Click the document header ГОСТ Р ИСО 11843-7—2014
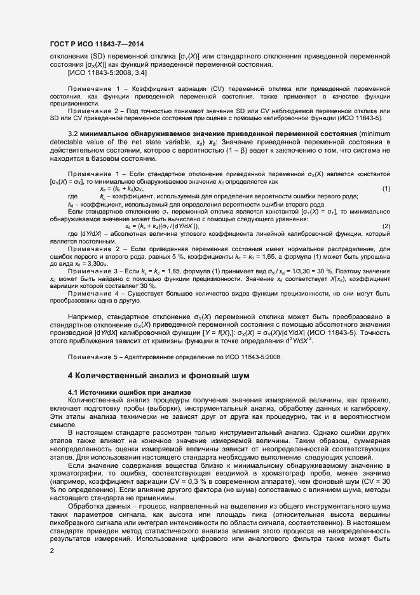point(95,43)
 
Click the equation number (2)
point(386,226)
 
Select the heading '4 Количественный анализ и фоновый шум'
point(158,376)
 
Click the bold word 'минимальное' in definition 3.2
point(105,151)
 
